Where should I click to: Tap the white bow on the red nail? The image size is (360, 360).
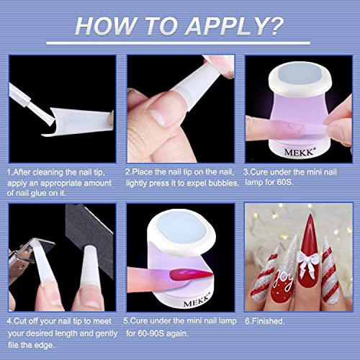coord(294,253)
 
